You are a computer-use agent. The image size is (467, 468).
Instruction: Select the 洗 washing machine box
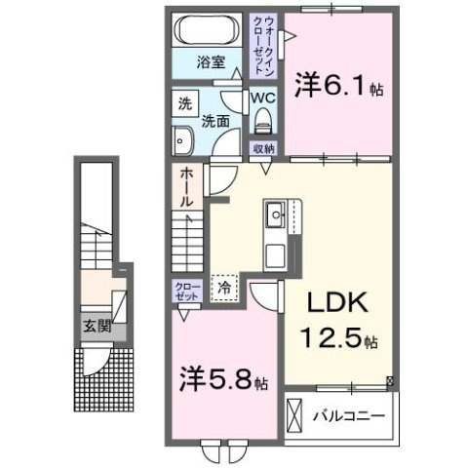click(183, 102)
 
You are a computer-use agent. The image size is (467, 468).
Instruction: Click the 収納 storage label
click(263, 148)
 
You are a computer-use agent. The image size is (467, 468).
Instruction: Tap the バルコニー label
click(349, 415)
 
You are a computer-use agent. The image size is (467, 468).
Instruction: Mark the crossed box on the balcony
click(296, 416)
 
